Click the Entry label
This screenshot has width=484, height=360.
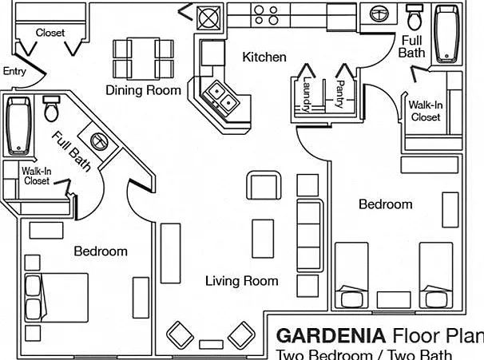[14, 72]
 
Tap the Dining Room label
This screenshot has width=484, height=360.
[143, 90]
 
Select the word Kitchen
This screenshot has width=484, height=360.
[264, 57]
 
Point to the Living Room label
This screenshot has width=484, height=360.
[242, 281]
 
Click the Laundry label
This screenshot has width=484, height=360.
[306, 94]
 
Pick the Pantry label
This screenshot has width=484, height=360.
[340, 94]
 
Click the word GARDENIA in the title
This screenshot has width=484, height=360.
[331, 335]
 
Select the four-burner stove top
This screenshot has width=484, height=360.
[266, 15]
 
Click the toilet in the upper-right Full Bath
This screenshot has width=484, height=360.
[415, 17]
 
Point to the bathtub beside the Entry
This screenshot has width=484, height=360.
[18, 125]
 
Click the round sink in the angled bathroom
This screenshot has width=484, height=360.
[99, 141]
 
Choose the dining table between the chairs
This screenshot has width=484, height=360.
[143, 58]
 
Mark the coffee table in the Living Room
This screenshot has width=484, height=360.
[263, 239]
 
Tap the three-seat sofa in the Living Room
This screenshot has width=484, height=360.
[310, 235]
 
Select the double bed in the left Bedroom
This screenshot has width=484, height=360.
[57, 298]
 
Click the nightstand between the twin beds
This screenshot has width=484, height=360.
[394, 299]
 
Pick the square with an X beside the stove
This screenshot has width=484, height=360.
[209, 18]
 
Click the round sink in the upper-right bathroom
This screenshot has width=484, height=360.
[379, 14]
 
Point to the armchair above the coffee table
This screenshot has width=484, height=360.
[264, 185]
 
